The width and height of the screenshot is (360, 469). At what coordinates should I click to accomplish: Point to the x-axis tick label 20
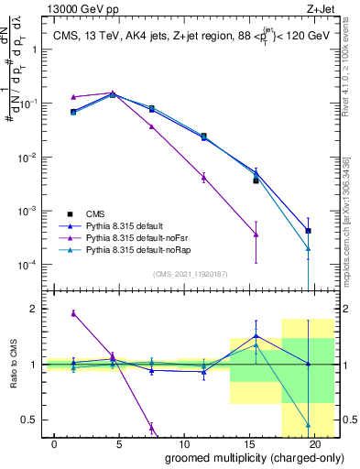coord(314,443)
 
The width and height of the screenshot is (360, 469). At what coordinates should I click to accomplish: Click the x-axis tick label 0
coord(55,443)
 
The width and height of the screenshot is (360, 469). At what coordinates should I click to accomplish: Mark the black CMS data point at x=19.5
coord(308,231)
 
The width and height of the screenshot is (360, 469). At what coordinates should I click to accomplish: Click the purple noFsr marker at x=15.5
coord(256,234)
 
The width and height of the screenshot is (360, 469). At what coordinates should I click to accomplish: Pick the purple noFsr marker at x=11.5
coord(203,177)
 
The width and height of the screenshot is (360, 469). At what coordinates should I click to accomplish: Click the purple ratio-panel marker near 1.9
coord(74,313)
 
